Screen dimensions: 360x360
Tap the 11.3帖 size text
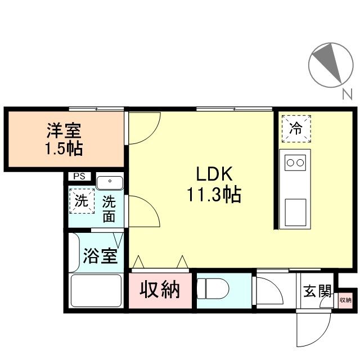[x=214, y=195]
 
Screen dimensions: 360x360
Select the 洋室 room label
[x=64, y=130]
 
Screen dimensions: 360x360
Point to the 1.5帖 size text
[x=64, y=148]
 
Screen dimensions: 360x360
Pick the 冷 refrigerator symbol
[x=296, y=128]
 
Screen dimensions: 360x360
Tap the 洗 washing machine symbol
[x=82, y=201]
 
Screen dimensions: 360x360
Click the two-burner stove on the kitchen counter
[x=295, y=163]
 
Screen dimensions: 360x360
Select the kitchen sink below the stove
[x=295, y=211]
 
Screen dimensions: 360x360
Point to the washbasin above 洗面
[x=110, y=182]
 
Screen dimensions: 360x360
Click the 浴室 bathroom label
[x=100, y=256]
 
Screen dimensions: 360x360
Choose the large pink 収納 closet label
[x=160, y=290]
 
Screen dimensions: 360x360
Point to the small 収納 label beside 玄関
[x=344, y=300]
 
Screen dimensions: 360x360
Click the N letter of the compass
[x=347, y=94]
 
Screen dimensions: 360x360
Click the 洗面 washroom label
[x=109, y=209]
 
